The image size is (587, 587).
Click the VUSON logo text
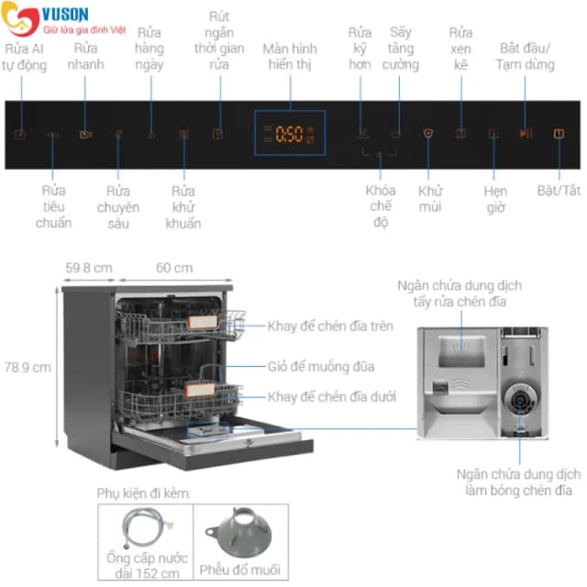point(65,15)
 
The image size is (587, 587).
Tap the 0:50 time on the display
point(289,134)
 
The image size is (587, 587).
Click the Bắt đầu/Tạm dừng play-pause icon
point(526,133)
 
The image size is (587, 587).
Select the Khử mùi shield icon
point(428,133)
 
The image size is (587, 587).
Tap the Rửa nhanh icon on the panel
point(85,134)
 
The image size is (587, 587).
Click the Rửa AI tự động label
point(24,57)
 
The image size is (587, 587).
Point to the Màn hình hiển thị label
point(290,56)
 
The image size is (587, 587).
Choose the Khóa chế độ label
point(381,206)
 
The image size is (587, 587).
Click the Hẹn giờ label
point(495,199)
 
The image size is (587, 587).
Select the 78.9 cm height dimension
point(28,367)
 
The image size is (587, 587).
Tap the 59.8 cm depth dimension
point(89,268)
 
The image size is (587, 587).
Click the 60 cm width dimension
point(174,268)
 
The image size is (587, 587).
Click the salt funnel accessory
point(238,532)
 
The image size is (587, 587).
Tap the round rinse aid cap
point(520,400)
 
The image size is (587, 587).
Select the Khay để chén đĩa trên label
point(330,327)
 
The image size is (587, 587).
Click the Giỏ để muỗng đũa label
point(321,367)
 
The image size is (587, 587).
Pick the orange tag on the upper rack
point(203,322)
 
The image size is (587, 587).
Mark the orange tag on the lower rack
point(200,390)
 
